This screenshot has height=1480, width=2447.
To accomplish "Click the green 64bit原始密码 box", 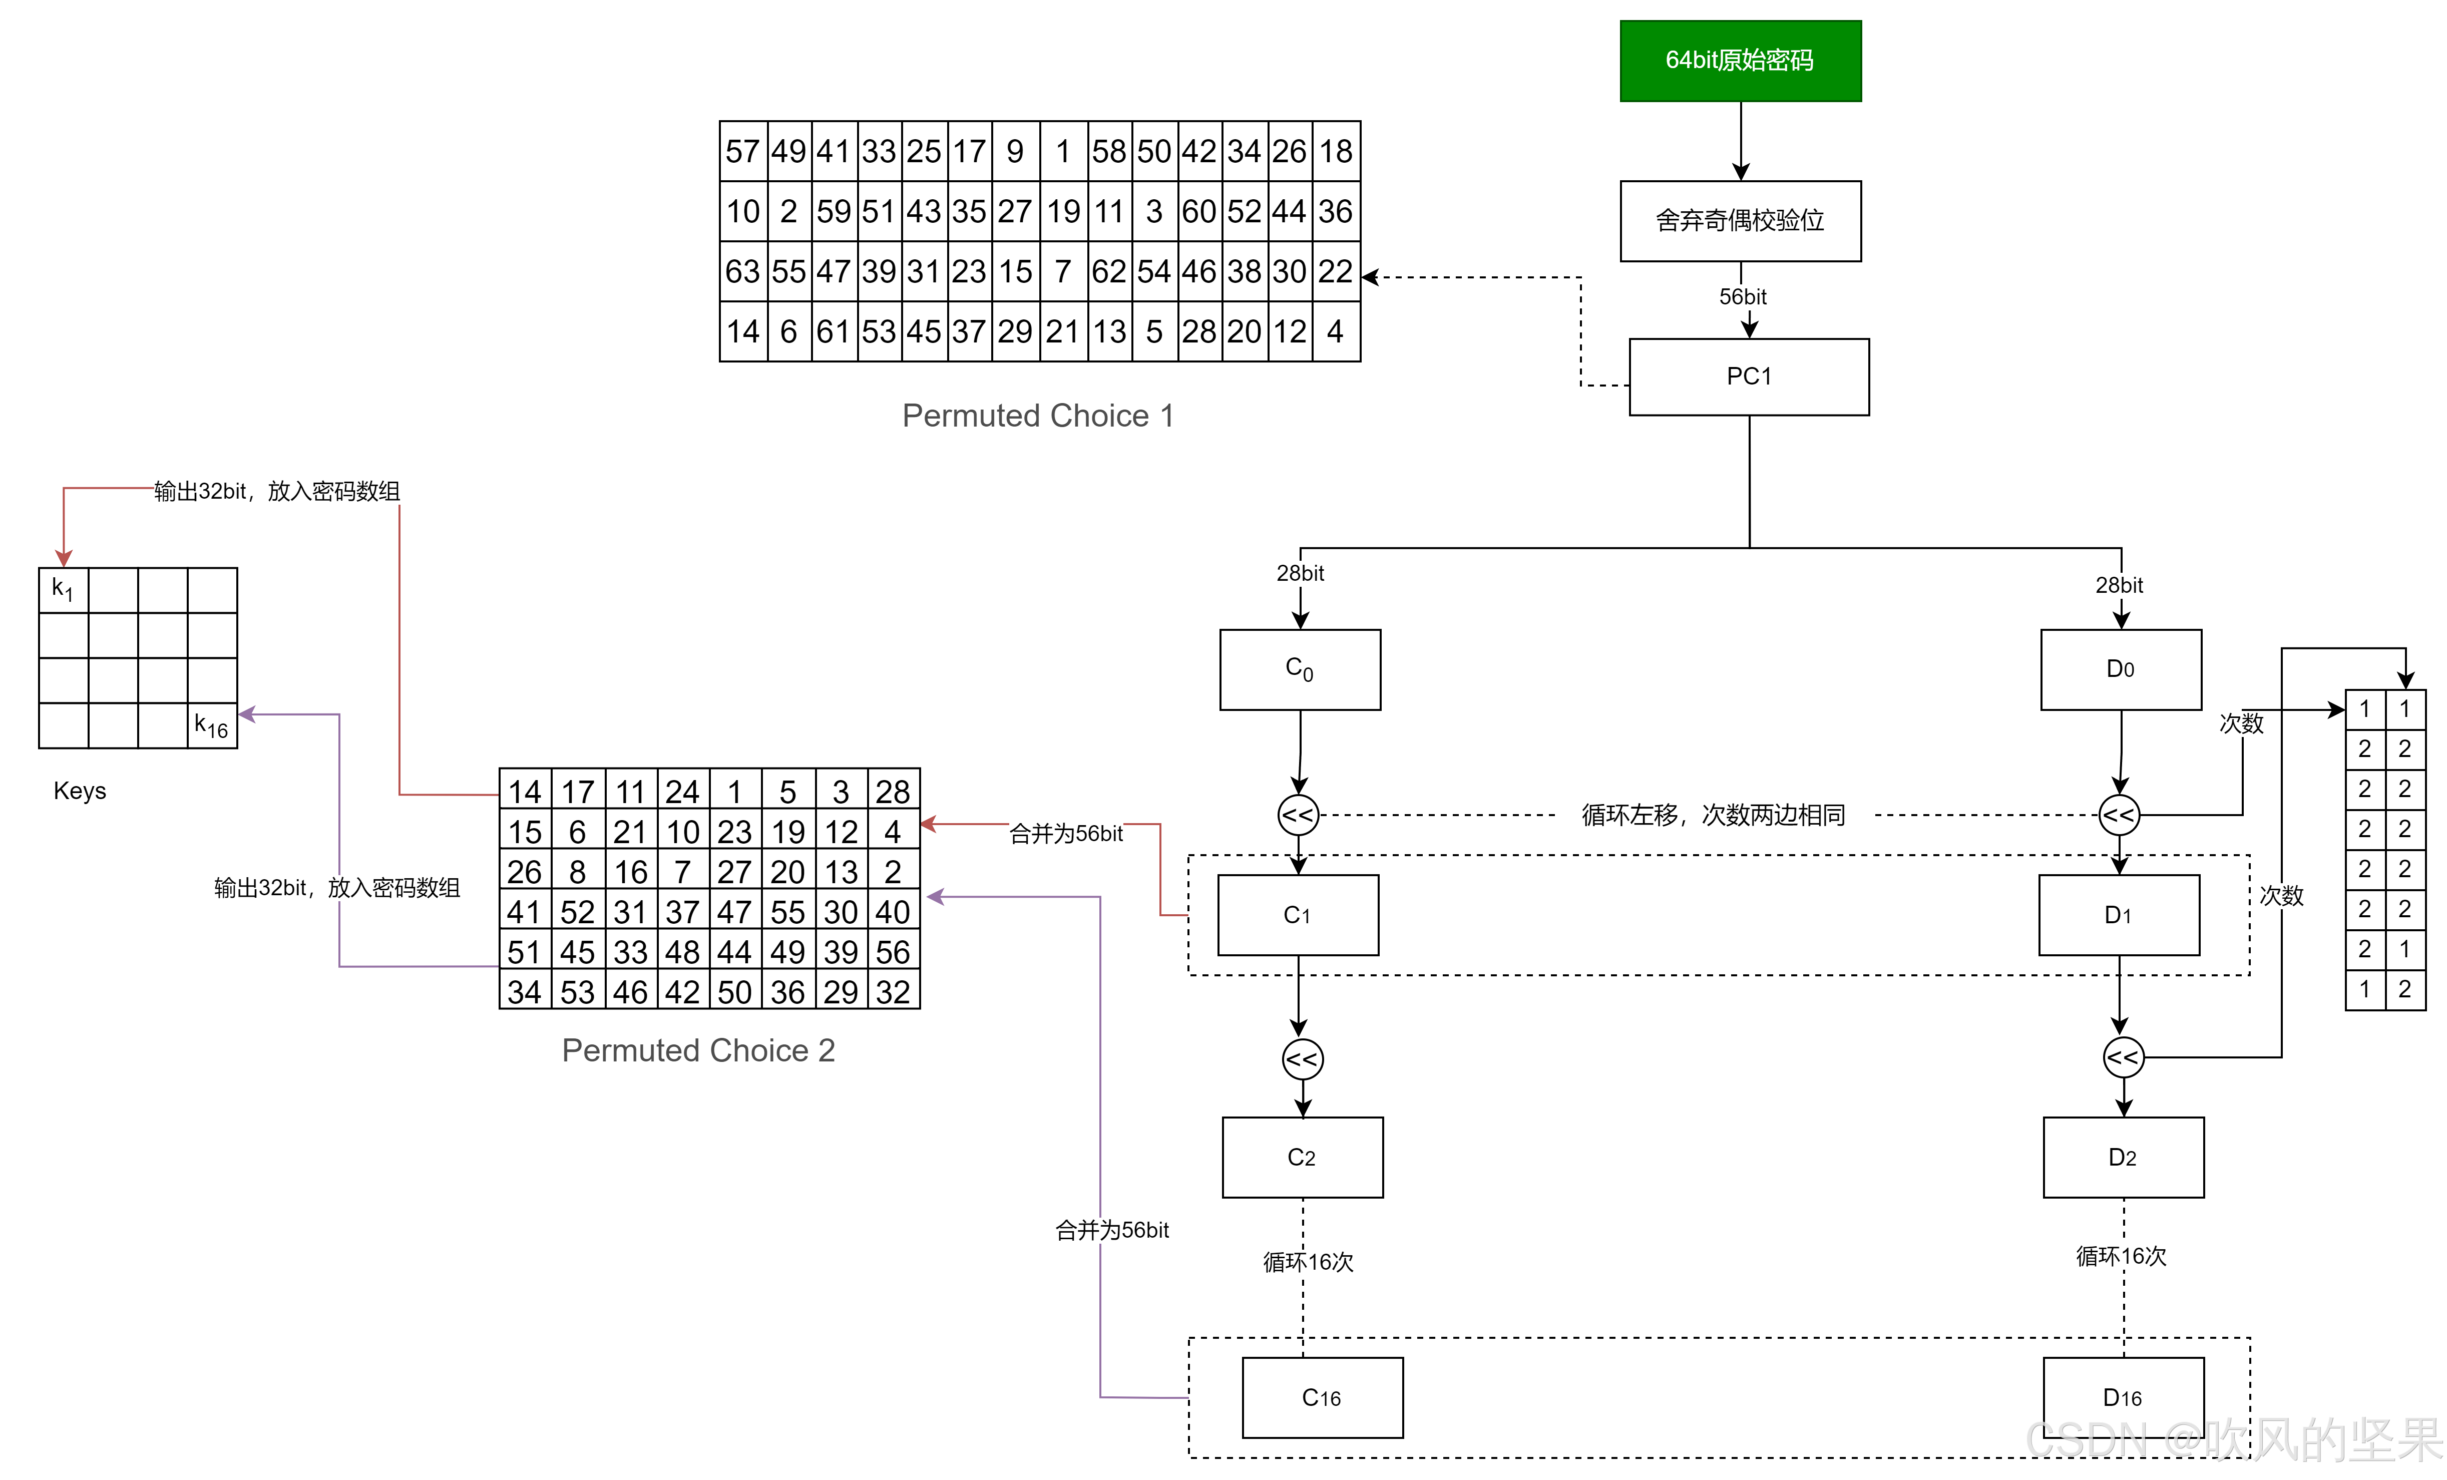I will coord(1740,61).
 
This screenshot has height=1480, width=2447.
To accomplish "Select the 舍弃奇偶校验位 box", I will coord(1740,220).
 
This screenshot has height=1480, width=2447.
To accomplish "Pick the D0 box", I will coord(2120,668).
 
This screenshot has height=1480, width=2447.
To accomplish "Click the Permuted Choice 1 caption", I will coord(1038,415).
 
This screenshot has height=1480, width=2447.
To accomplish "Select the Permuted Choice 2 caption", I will coord(698,1050).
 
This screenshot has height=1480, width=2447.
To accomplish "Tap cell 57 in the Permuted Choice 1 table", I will coord(743,151).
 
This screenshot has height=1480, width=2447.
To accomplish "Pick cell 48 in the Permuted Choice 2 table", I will coord(682,952).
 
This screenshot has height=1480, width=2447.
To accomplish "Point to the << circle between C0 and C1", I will coord(1298,816).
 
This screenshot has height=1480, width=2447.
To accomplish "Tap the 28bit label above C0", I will coord(1300,573).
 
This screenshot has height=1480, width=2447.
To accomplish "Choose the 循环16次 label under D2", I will coord(2120,1257).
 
